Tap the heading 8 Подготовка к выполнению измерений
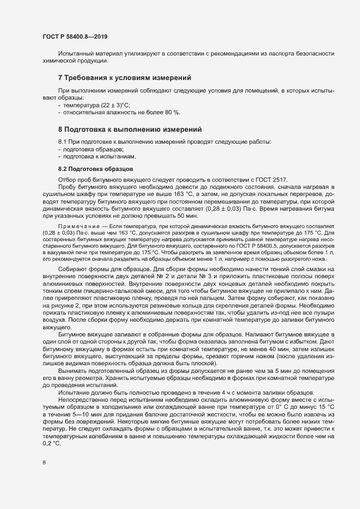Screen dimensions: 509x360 (x=130, y=130)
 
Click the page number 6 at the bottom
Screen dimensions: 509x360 (x=44, y=480)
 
